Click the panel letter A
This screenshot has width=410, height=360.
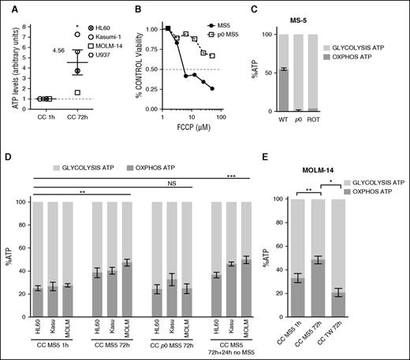point(6,7)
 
